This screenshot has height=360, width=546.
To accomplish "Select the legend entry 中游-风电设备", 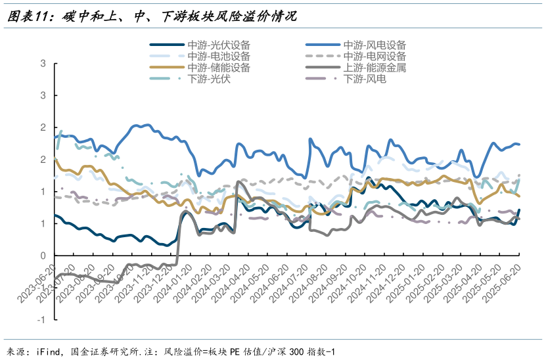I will tap(375, 45).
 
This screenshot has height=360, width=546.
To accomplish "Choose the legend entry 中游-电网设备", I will tap(375, 56).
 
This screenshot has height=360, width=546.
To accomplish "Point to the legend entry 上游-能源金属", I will tap(375, 68).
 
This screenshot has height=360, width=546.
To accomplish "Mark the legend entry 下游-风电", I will tap(365, 79).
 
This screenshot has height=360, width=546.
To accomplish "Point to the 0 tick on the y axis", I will tap(43, 256).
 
